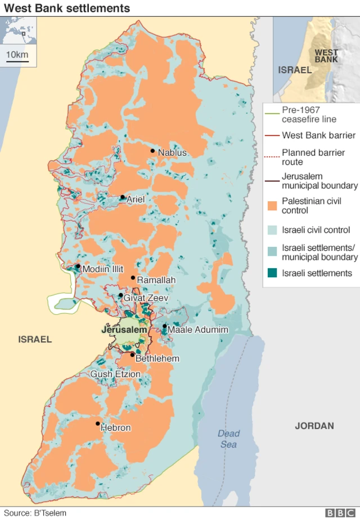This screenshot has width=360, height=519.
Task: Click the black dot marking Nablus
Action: [152, 151]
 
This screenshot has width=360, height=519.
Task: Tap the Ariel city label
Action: [136, 199]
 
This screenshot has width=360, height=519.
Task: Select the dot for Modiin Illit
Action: [78, 267]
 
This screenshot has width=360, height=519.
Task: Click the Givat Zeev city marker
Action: [121, 295]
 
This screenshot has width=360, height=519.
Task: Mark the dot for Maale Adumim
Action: [164, 326]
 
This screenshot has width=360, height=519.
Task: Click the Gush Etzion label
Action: [115, 374]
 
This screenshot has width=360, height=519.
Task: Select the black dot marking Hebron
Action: [98, 423]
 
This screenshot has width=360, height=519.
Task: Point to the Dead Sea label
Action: [228, 439]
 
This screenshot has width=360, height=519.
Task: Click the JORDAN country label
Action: [314, 426]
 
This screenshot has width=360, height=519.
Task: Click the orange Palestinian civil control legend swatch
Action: [273, 206]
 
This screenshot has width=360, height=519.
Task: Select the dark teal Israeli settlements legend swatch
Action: [273, 273]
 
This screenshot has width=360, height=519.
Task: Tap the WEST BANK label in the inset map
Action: [326, 56]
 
